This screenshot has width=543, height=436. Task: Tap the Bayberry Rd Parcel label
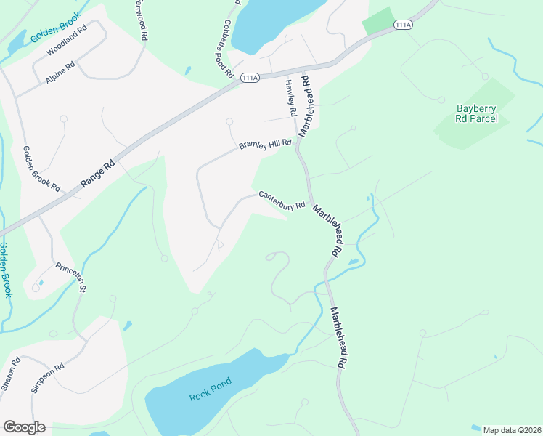coord(477,113)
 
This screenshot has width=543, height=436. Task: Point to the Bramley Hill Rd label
coord(265,145)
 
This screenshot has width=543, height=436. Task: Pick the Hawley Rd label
coord(290,98)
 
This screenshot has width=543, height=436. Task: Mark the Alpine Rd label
coord(60,73)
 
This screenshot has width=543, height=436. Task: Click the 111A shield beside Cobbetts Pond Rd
coord(249,78)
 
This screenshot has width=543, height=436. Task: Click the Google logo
coord(24,427)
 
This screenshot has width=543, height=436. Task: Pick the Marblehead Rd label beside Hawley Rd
coord(305,104)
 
